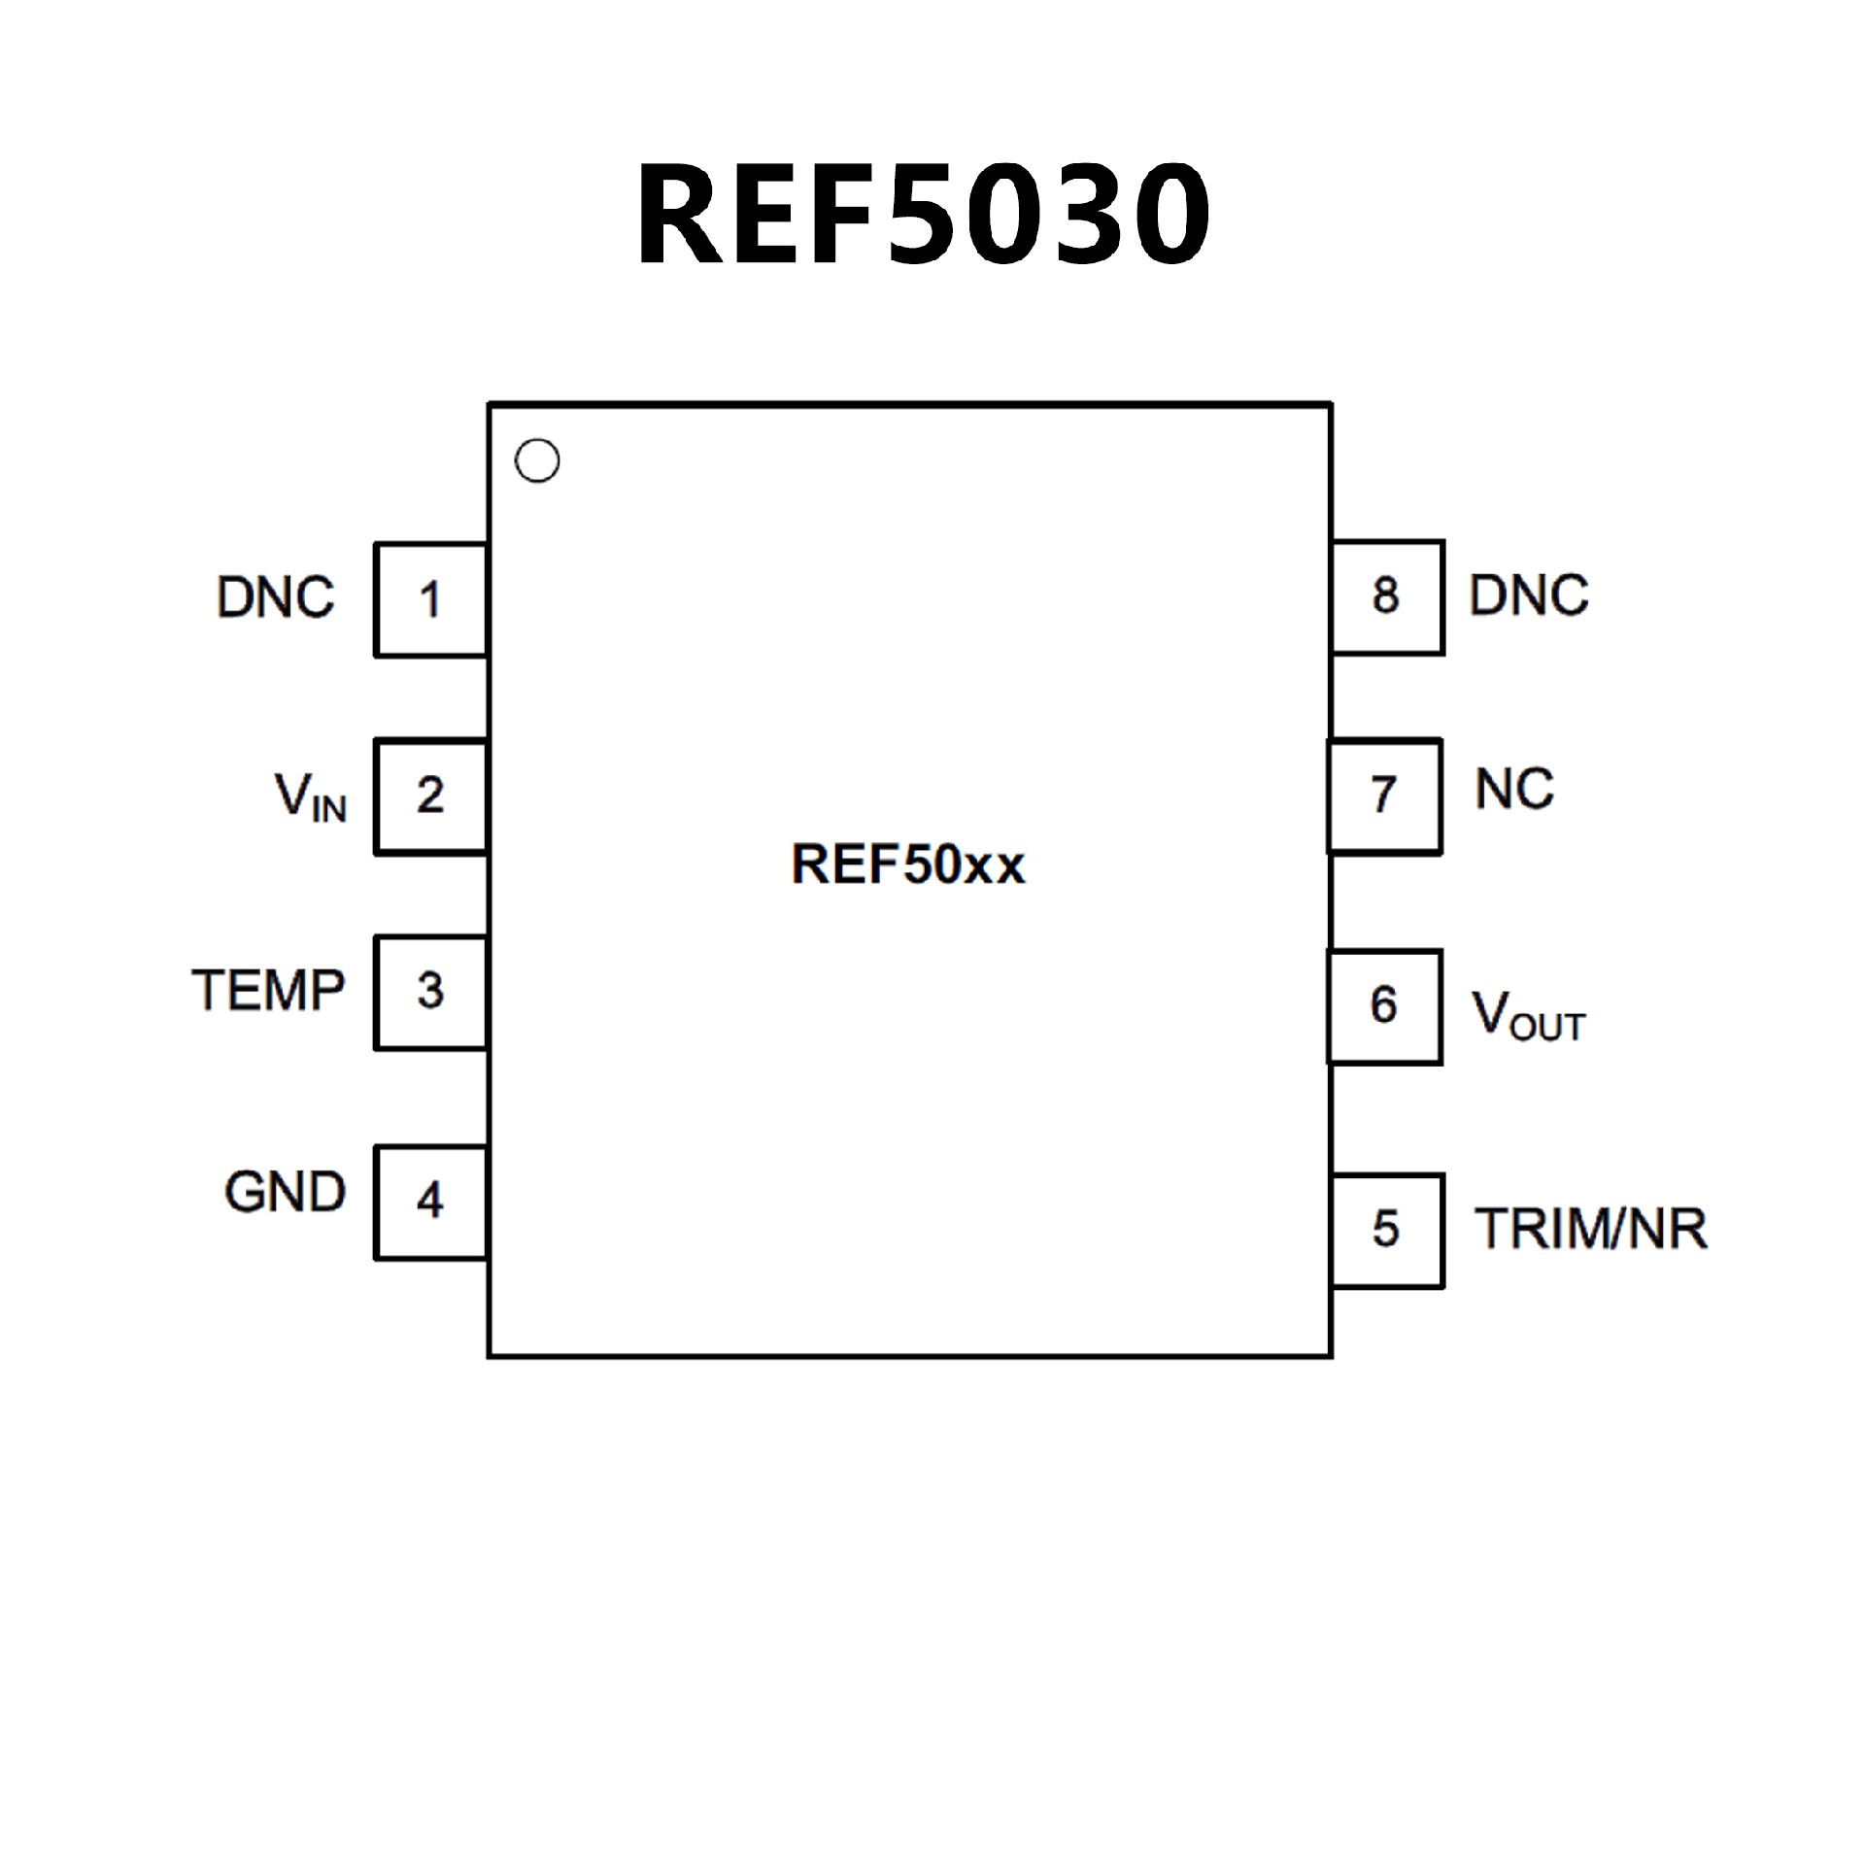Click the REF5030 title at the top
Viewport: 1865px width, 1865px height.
click(923, 214)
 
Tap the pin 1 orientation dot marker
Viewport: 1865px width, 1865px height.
click(537, 460)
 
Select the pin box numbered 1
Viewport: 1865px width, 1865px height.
click(430, 599)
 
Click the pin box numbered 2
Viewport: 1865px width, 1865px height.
click(430, 797)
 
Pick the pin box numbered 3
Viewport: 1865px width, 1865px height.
click(430, 992)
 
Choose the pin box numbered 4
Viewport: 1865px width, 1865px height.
click(430, 1202)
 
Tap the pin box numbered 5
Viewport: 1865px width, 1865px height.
click(1386, 1230)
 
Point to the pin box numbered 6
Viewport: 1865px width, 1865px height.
click(1384, 1006)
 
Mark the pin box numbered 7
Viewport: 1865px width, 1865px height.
click(1384, 796)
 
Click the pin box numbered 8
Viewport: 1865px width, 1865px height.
click(1386, 596)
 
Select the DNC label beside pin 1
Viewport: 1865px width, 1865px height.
click(276, 597)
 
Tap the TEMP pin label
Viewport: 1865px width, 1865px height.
click(268, 991)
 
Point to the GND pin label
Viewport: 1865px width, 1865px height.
click(285, 1192)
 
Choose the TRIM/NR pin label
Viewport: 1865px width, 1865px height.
click(1590, 1229)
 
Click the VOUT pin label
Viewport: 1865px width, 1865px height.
click(1528, 1015)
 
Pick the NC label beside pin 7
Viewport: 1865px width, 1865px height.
click(1513, 789)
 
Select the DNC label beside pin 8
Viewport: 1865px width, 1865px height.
click(1528, 595)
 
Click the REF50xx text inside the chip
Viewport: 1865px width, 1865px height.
click(908, 864)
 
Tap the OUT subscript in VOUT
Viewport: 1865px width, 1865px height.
click(1548, 1027)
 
